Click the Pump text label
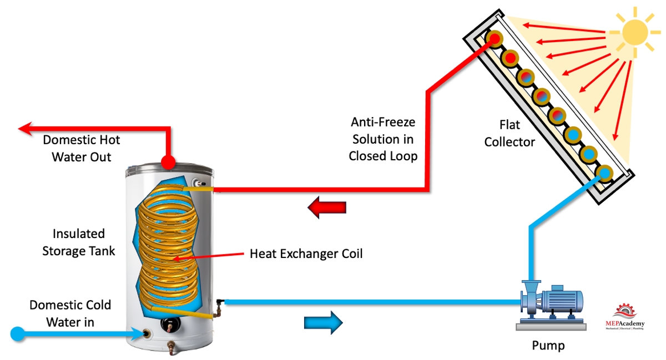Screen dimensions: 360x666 click(x=548, y=346)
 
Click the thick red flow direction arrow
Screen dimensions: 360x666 click(x=327, y=208)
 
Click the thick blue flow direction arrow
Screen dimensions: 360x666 click(x=324, y=322)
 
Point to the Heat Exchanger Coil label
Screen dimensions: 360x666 click(x=306, y=254)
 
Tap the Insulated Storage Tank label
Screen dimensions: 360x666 click(x=79, y=242)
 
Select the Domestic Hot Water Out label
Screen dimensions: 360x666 click(x=82, y=148)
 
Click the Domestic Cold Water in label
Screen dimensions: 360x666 click(x=70, y=313)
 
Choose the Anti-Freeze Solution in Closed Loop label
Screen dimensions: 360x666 click(x=383, y=139)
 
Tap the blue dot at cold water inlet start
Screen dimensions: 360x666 click(x=18, y=333)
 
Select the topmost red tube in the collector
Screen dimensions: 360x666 click(x=494, y=39)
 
